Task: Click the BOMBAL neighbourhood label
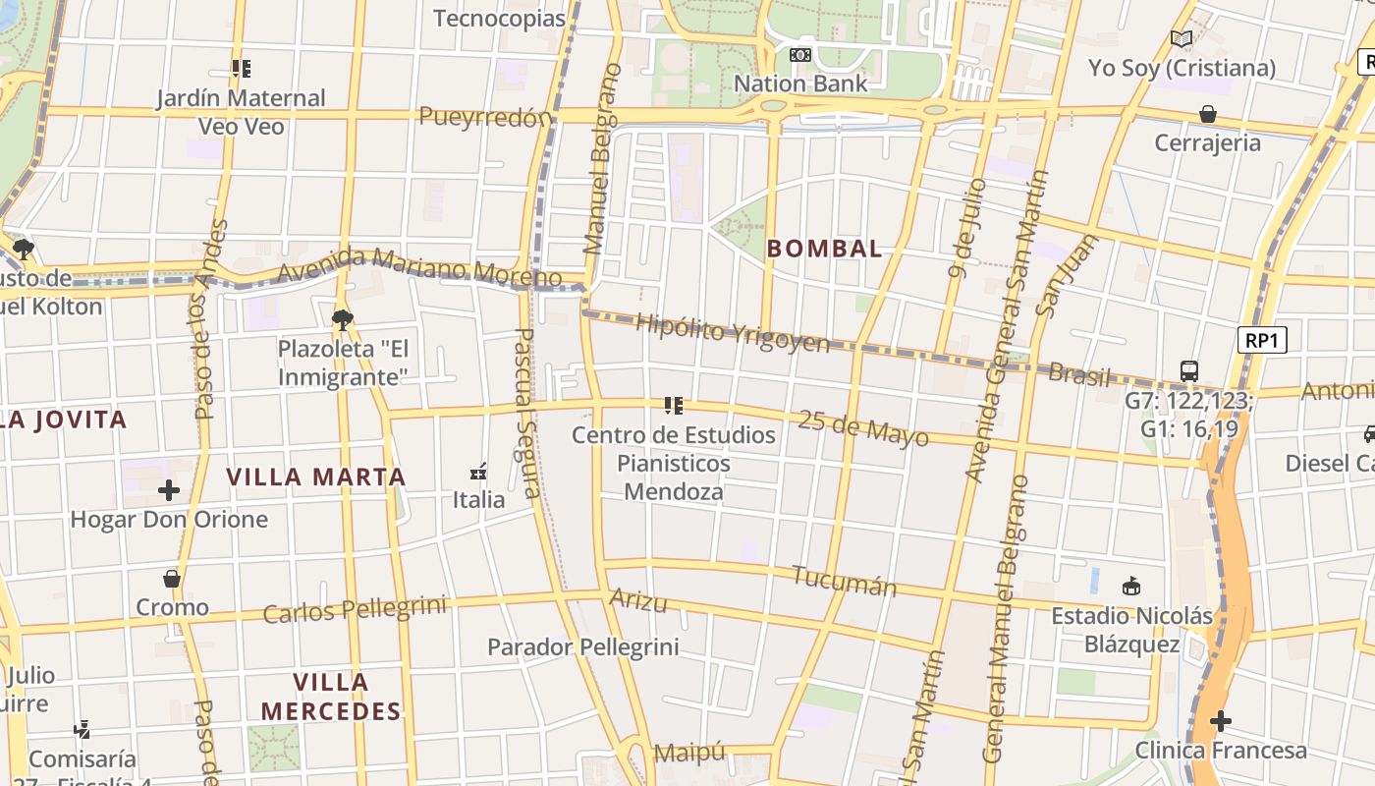pyautogui.click(x=825, y=249)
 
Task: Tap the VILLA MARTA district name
pyautogui.click(x=315, y=477)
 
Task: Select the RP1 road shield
pyautogui.click(x=1261, y=341)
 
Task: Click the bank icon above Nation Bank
pyautogui.click(x=800, y=55)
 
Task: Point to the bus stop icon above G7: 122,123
pyautogui.click(x=1189, y=371)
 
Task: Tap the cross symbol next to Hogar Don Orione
pyautogui.click(x=169, y=489)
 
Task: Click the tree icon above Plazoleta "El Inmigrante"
pyautogui.click(x=342, y=318)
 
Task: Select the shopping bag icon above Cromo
pyautogui.click(x=172, y=579)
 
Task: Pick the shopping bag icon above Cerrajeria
pyautogui.click(x=1208, y=114)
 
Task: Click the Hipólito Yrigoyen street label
pyautogui.click(x=733, y=333)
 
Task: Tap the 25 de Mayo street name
pyautogui.click(x=863, y=428)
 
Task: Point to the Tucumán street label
pyautogui.click(x=845, y=581)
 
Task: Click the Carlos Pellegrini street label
pyautogui.click(x=355, y=609)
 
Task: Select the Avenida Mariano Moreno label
pyautogui.click(x=420, y=267)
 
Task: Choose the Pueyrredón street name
pyautogui.click(x=485, y=117)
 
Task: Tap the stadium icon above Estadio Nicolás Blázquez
pyautogui.click(x=1131, y=587)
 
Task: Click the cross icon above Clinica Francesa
pyautogui.click(x=1221, y=722)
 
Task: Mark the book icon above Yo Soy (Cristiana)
pyautogui.click(x=1182, y=39)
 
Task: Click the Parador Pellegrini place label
pyautogui.click(x=583, y=646)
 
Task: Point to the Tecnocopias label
pyautogui.click(x=500, y=18)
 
